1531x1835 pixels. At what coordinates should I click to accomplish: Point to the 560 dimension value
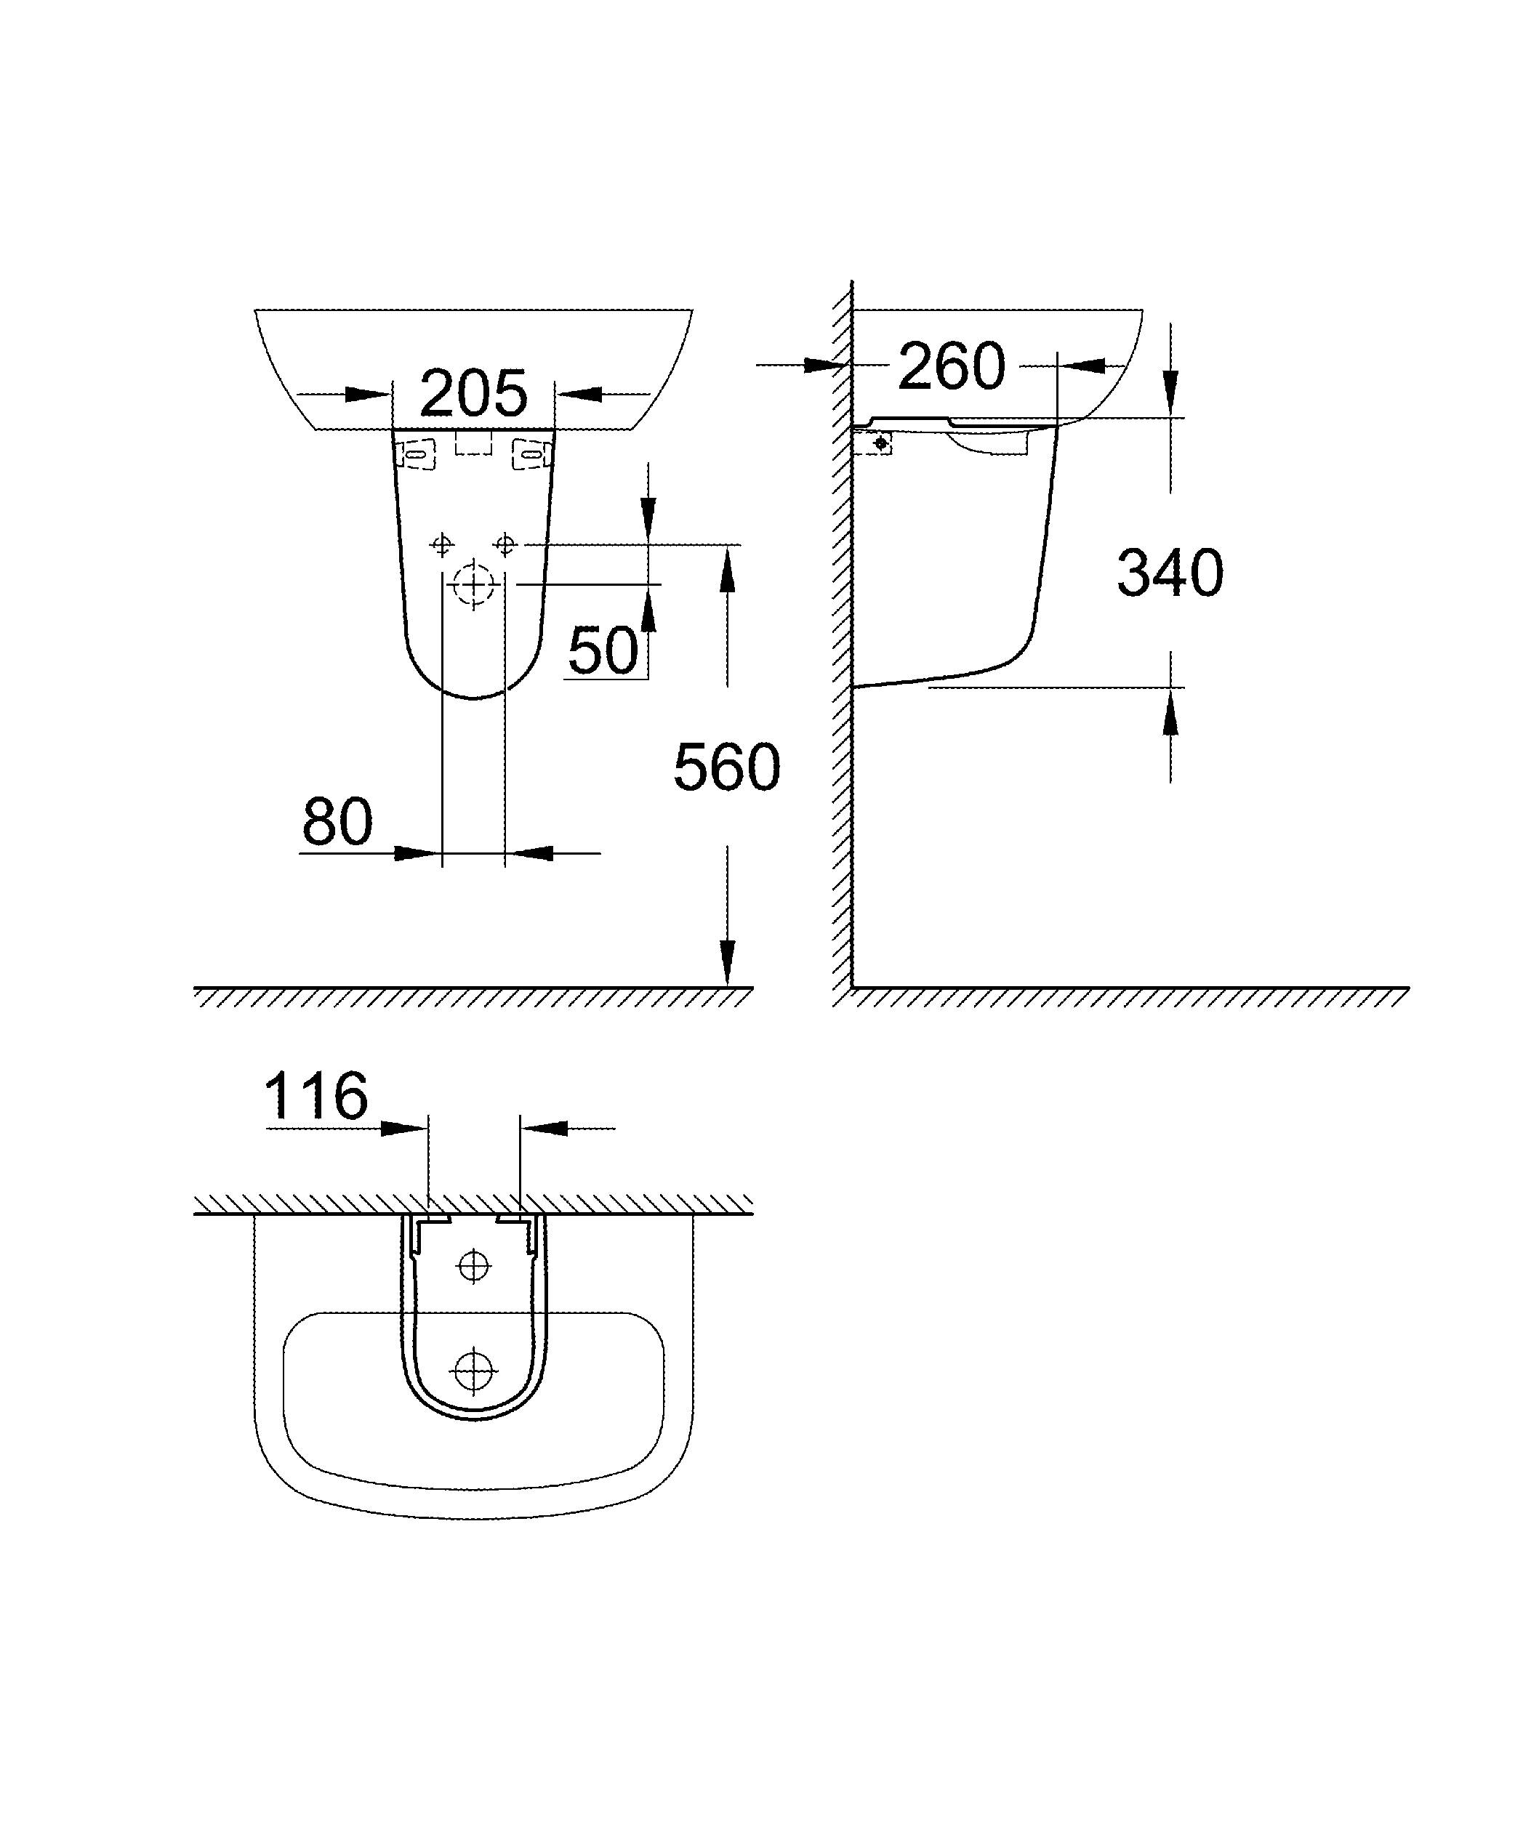[726, 768]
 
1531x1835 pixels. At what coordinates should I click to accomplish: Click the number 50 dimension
[603, 650]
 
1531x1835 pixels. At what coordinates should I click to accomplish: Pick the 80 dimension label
[337, 822]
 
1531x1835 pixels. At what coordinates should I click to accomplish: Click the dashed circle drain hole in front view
[475, 584]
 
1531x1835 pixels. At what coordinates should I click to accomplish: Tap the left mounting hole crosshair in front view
[442, 545]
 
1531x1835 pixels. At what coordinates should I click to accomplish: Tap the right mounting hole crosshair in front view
[505, 545]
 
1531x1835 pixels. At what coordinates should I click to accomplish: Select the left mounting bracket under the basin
[417, 454]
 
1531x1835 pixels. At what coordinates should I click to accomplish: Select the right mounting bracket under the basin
[531, 454]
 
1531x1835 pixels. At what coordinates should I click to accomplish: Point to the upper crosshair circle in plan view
[474, 1265]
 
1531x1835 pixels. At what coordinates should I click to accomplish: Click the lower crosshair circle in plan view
[474, 1370]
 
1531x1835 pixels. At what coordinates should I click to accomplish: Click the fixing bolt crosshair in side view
[882, 444]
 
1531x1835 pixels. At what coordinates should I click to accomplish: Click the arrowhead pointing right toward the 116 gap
[403, 1128]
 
